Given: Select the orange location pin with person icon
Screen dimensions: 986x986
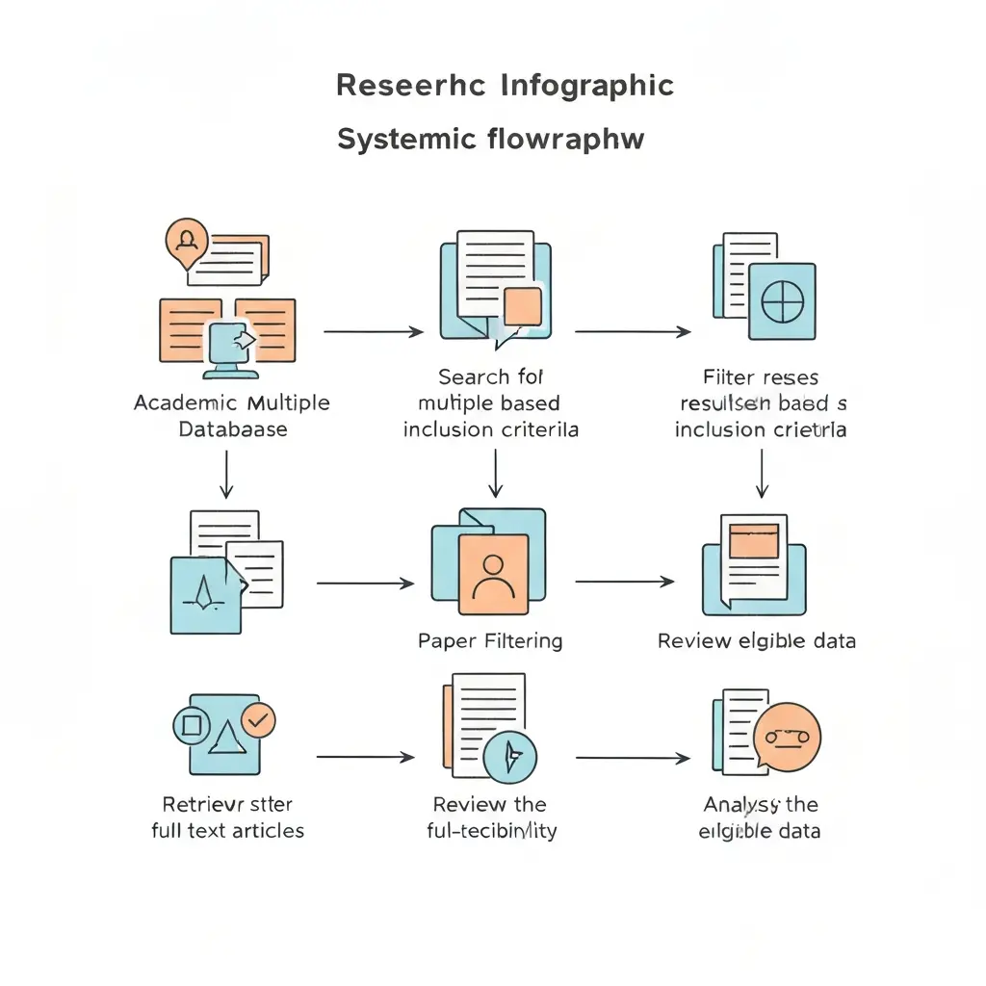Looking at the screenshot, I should [x=187, y=240].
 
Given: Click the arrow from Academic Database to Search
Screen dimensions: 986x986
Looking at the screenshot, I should [x=373, y=331].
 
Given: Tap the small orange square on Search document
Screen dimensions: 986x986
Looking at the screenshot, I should [x=523, y=306].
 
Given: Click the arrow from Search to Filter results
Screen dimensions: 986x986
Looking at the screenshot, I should [x=632, y=331].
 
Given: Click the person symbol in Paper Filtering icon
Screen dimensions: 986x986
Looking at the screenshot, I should [x=495, y=575].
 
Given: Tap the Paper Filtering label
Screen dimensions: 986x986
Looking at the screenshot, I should [x=490, y=640].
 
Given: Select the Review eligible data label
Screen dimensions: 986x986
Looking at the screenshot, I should [x=756, y=640].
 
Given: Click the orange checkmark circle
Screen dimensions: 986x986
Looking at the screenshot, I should [x=258, y=718].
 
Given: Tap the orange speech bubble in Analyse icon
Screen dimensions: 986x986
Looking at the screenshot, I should [x=788, y=737].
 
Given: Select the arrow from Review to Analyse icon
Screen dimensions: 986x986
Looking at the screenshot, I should [x=632, y=758].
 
